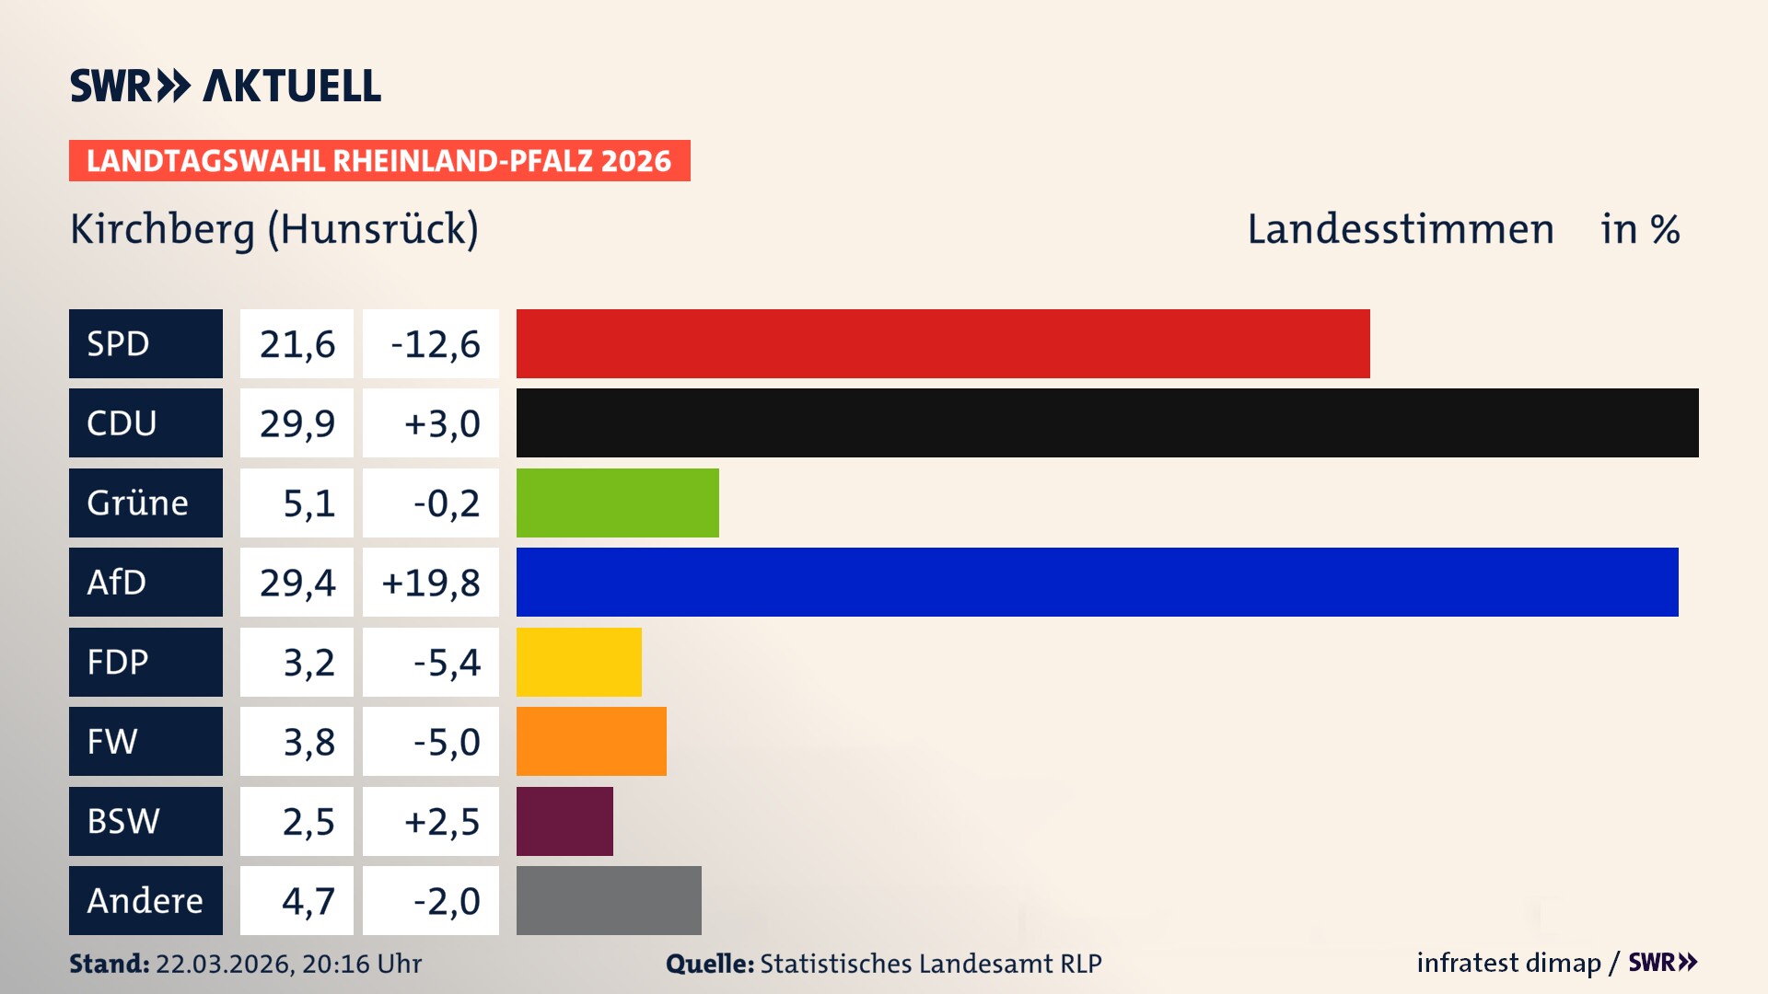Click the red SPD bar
point(943,343)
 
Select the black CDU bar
point(1107,422)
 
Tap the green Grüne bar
point(617,503)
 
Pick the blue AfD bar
point(1097,582)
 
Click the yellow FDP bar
point(578,662)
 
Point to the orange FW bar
point(591,741)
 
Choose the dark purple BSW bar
point(564,821)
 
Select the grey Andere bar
point(609,900)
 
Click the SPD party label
point(145,343)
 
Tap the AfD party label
point(145,582)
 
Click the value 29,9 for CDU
point(297,423)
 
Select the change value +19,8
point(431,583)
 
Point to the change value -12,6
point(435,344)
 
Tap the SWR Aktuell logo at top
point(226,86)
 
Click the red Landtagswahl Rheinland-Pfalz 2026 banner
point(379,160)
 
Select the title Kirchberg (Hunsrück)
point(274,229)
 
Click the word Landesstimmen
point(1400,229)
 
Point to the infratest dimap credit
point(1508,963)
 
